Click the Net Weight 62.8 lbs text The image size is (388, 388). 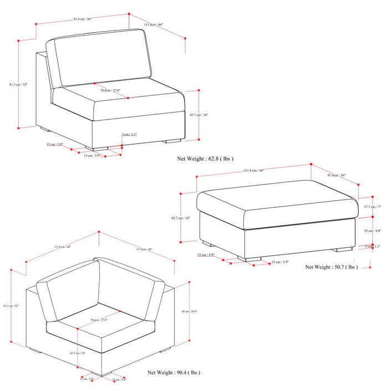205,159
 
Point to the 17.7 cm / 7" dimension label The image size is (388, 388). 372,207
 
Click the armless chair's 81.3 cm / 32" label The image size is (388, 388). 18,84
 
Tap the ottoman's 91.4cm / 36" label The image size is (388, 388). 336,176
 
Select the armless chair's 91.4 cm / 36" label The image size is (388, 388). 82,19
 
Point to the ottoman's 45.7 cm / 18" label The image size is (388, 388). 181,218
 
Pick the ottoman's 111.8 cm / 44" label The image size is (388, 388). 253,170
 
